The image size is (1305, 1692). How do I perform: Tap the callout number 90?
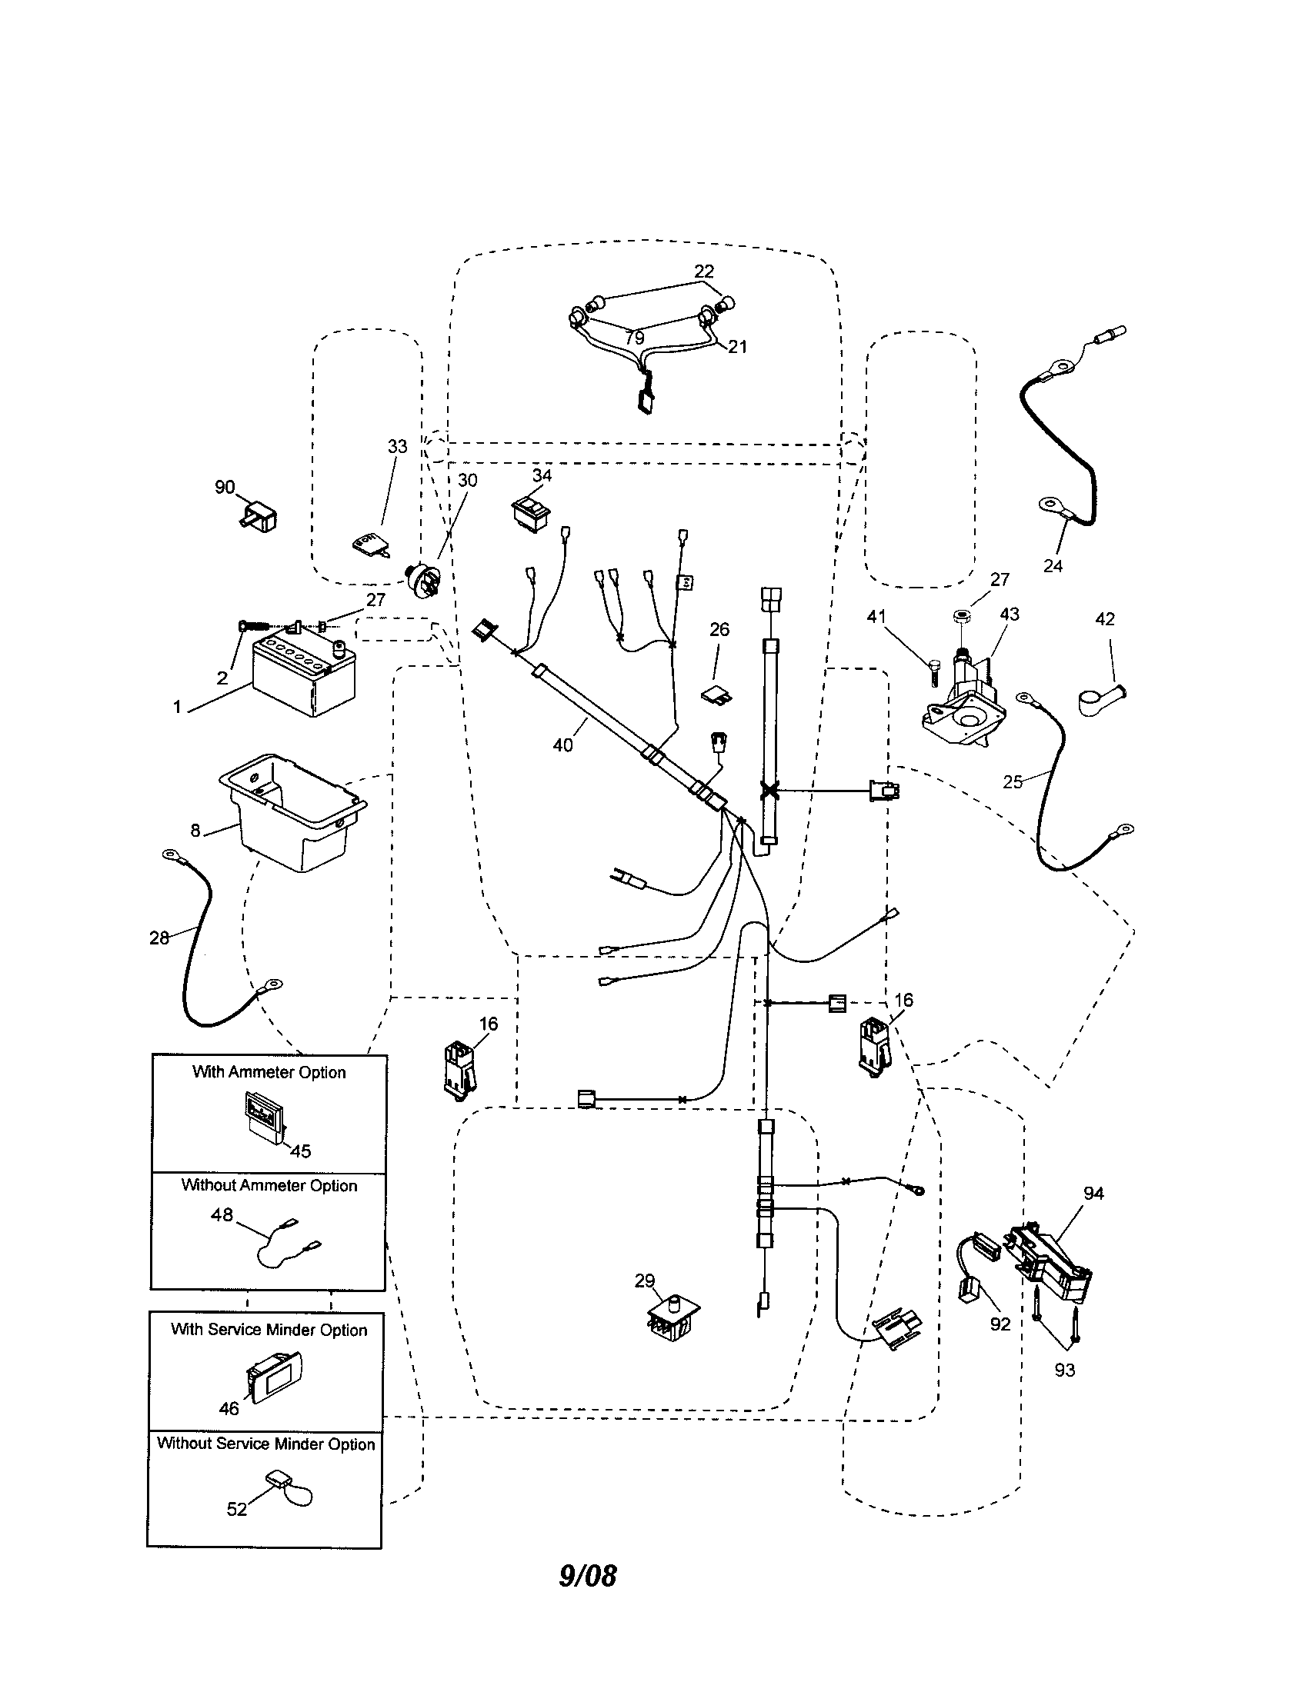225,488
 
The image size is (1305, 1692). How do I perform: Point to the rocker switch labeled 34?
532,512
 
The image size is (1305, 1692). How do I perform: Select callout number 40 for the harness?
562,745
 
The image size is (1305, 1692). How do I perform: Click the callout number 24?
1053,566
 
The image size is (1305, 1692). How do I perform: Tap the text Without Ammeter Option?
269,1186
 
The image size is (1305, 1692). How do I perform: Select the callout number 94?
1093,1194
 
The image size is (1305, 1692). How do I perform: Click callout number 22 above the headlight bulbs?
703,271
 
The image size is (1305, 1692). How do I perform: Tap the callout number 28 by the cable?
159,938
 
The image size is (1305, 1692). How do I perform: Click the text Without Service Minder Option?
265,1444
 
